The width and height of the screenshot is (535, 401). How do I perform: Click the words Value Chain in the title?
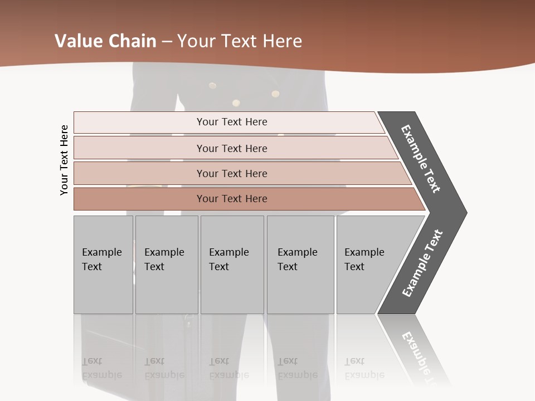coord(105,41)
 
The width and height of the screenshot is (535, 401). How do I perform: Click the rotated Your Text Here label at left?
coord(64,160)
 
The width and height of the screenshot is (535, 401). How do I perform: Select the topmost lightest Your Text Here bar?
coord(232,122)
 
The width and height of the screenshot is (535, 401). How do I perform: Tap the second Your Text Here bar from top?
coord(232,148)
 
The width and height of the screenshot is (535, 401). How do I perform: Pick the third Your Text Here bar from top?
coord(232,173)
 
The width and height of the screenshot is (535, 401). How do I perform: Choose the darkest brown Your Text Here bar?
coord(232,199)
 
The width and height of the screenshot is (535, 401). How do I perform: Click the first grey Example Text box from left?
coord(103,265)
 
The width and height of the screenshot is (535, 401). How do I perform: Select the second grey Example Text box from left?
coord(167,265)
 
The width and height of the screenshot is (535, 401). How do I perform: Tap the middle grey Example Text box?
coord(232,265)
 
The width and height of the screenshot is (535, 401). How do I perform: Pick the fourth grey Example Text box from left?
coord(300,265)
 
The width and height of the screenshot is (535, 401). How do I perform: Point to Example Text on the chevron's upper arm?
coord(421,159)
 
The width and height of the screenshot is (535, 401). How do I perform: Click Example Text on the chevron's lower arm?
coord(422,263)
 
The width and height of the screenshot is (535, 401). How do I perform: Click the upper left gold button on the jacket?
coord(212,85)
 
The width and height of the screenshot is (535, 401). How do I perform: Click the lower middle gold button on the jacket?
coord(236,102)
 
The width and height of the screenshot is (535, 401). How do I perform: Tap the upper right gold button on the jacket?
coord(275,94)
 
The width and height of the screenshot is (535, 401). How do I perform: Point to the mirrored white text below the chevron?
coord(421,356)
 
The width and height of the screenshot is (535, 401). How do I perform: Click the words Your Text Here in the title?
coord(240,41)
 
